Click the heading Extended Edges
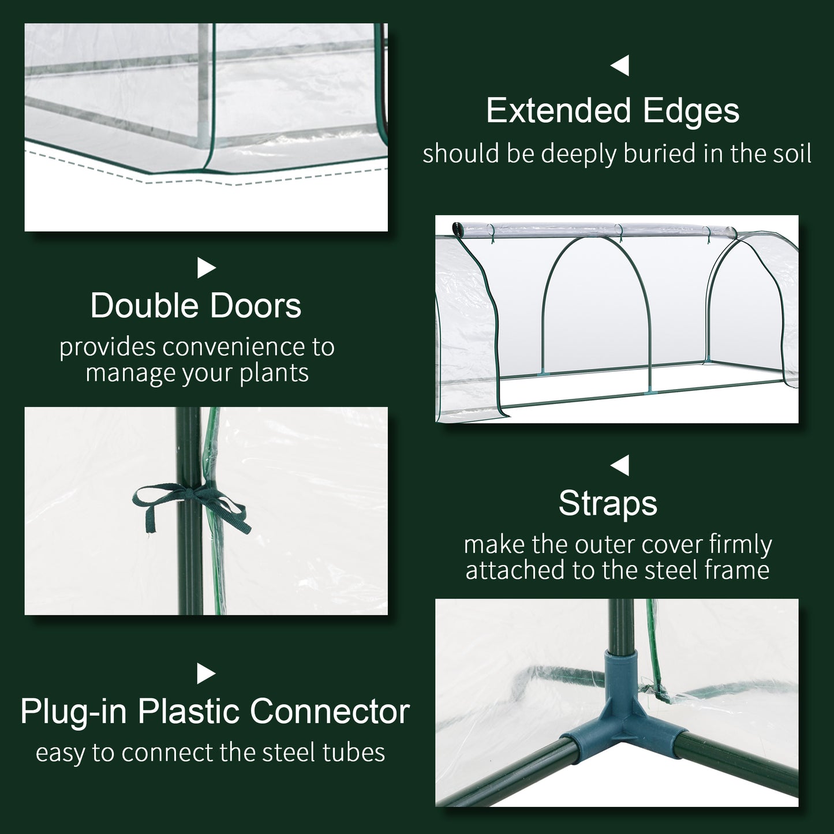612,111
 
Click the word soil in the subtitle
790,154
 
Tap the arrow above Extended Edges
620,66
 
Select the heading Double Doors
196,306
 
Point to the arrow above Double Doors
206,267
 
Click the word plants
274,373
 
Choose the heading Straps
608,503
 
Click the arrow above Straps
620,465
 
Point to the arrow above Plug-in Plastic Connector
206,673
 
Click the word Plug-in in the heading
73,711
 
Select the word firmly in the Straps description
740,545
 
